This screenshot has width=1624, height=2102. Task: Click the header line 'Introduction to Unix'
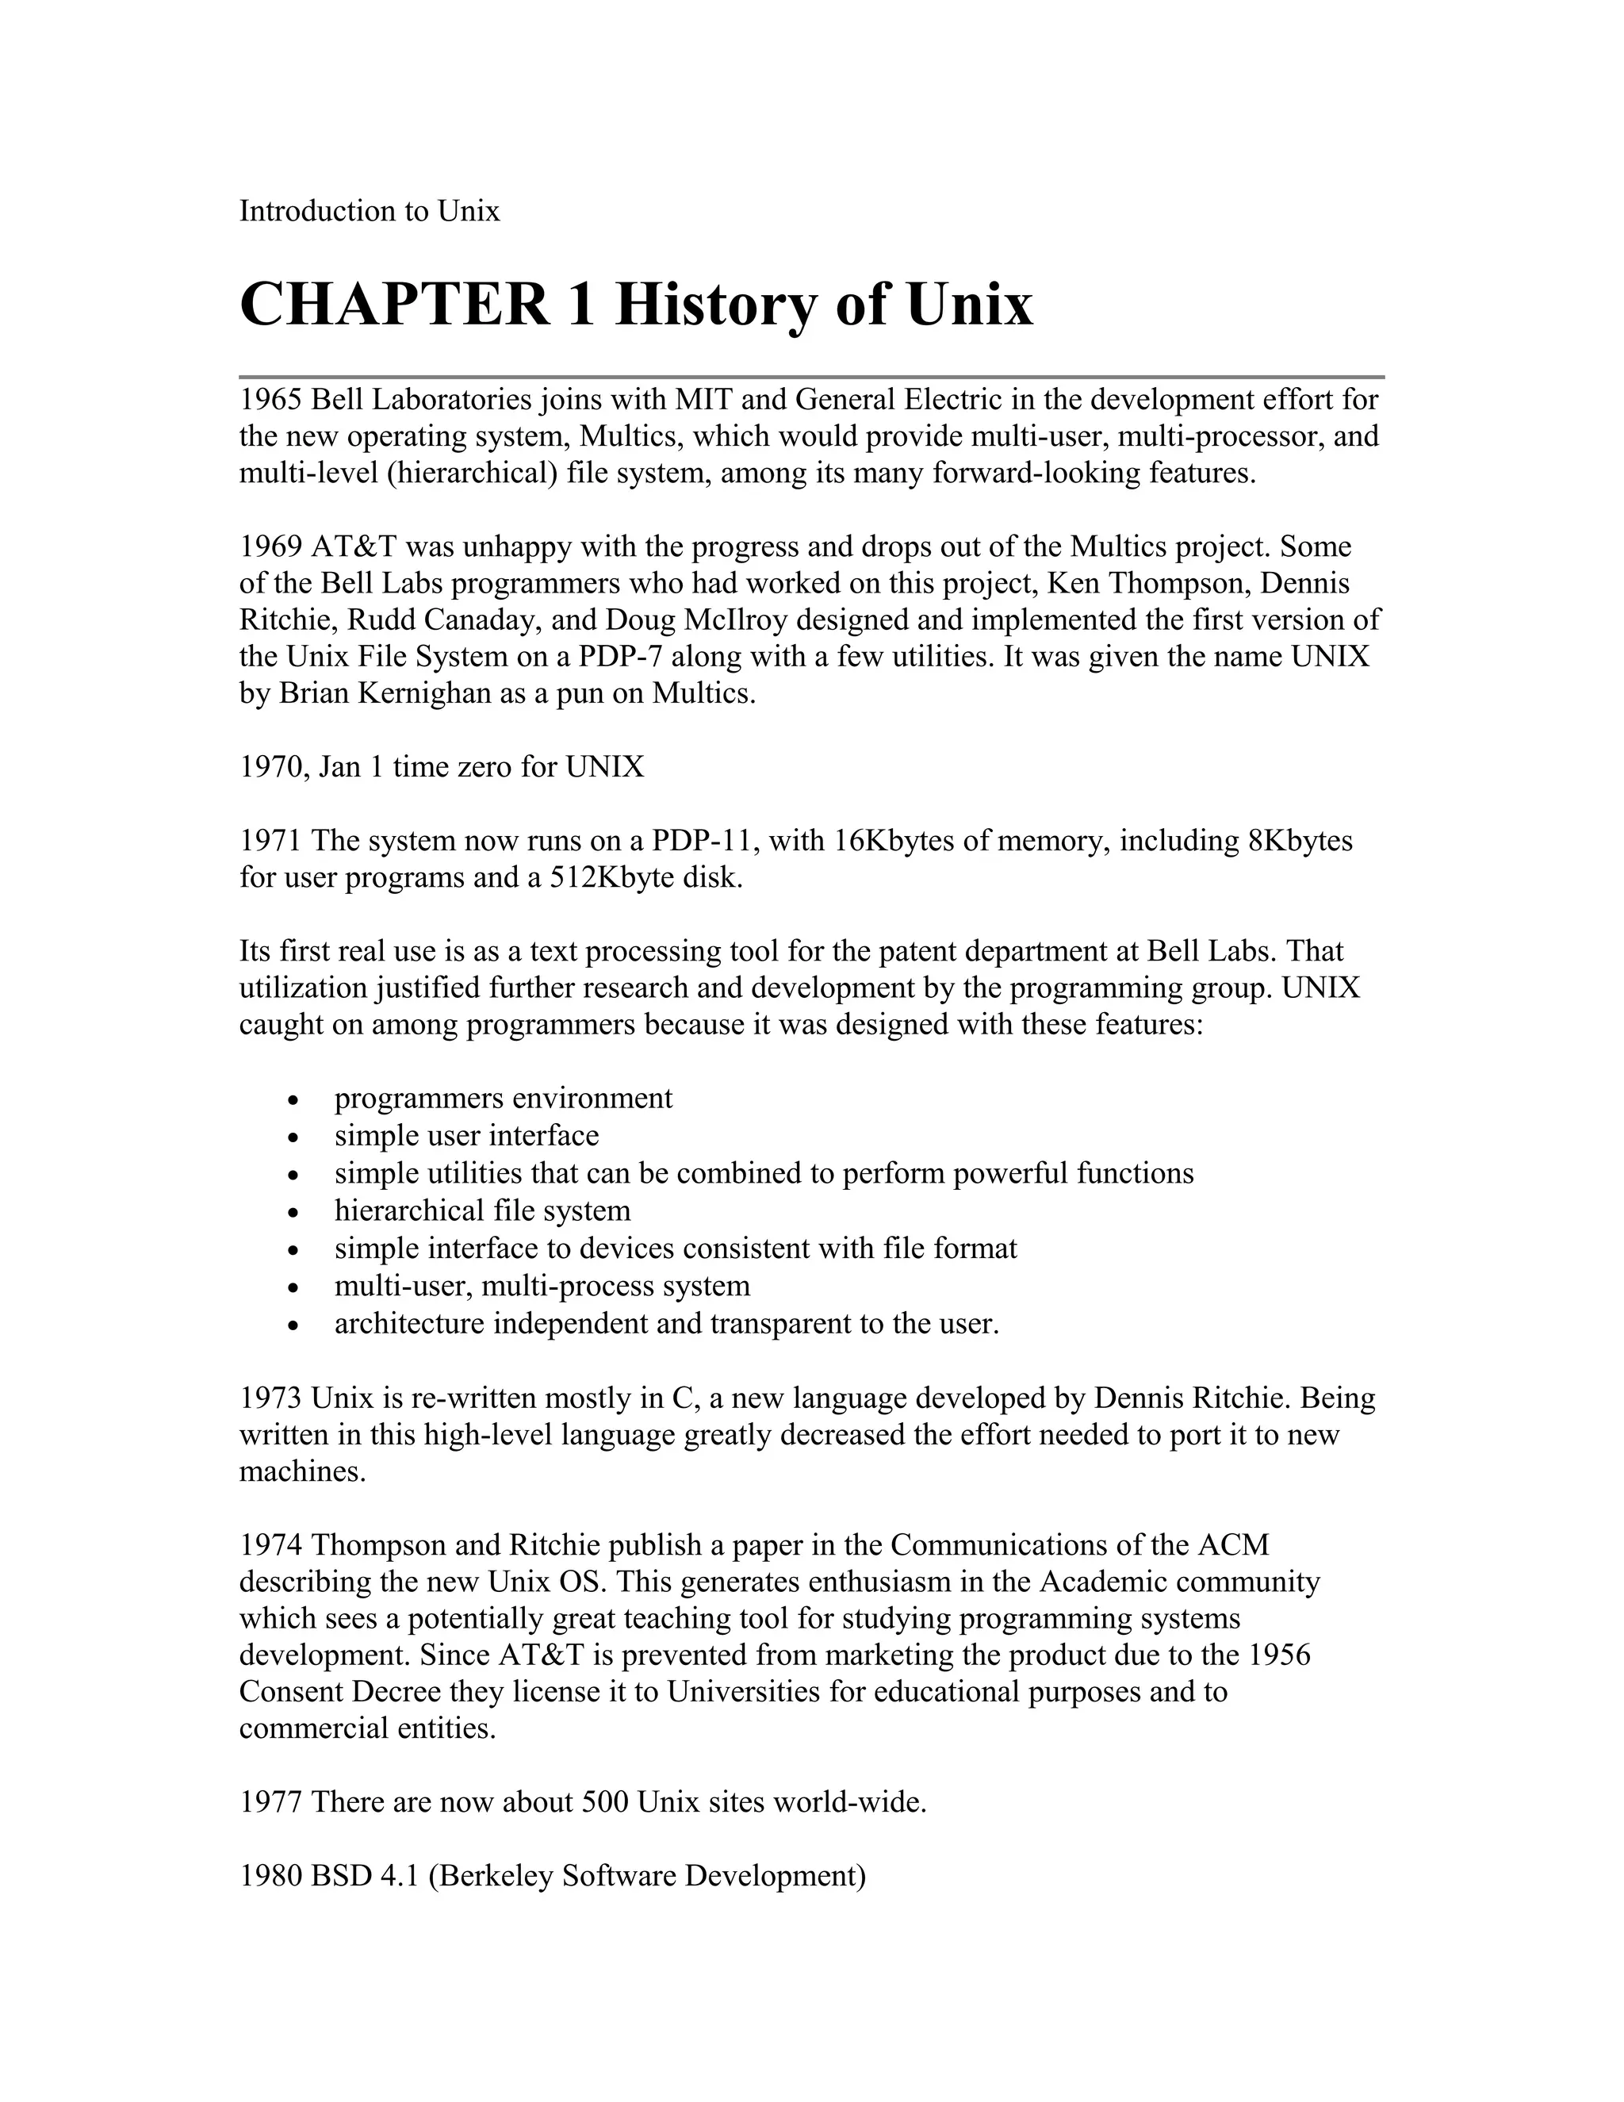(370, 211)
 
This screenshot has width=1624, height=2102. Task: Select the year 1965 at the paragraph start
(271, 400)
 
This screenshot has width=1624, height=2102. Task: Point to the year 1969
(271, 547)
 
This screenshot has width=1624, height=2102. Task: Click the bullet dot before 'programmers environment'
(294, 1100)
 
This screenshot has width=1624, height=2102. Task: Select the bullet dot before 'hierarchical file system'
(294, 1213)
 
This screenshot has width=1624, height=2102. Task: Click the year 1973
(271, 1398)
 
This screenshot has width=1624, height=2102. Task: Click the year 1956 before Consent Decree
(1280, 1655)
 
